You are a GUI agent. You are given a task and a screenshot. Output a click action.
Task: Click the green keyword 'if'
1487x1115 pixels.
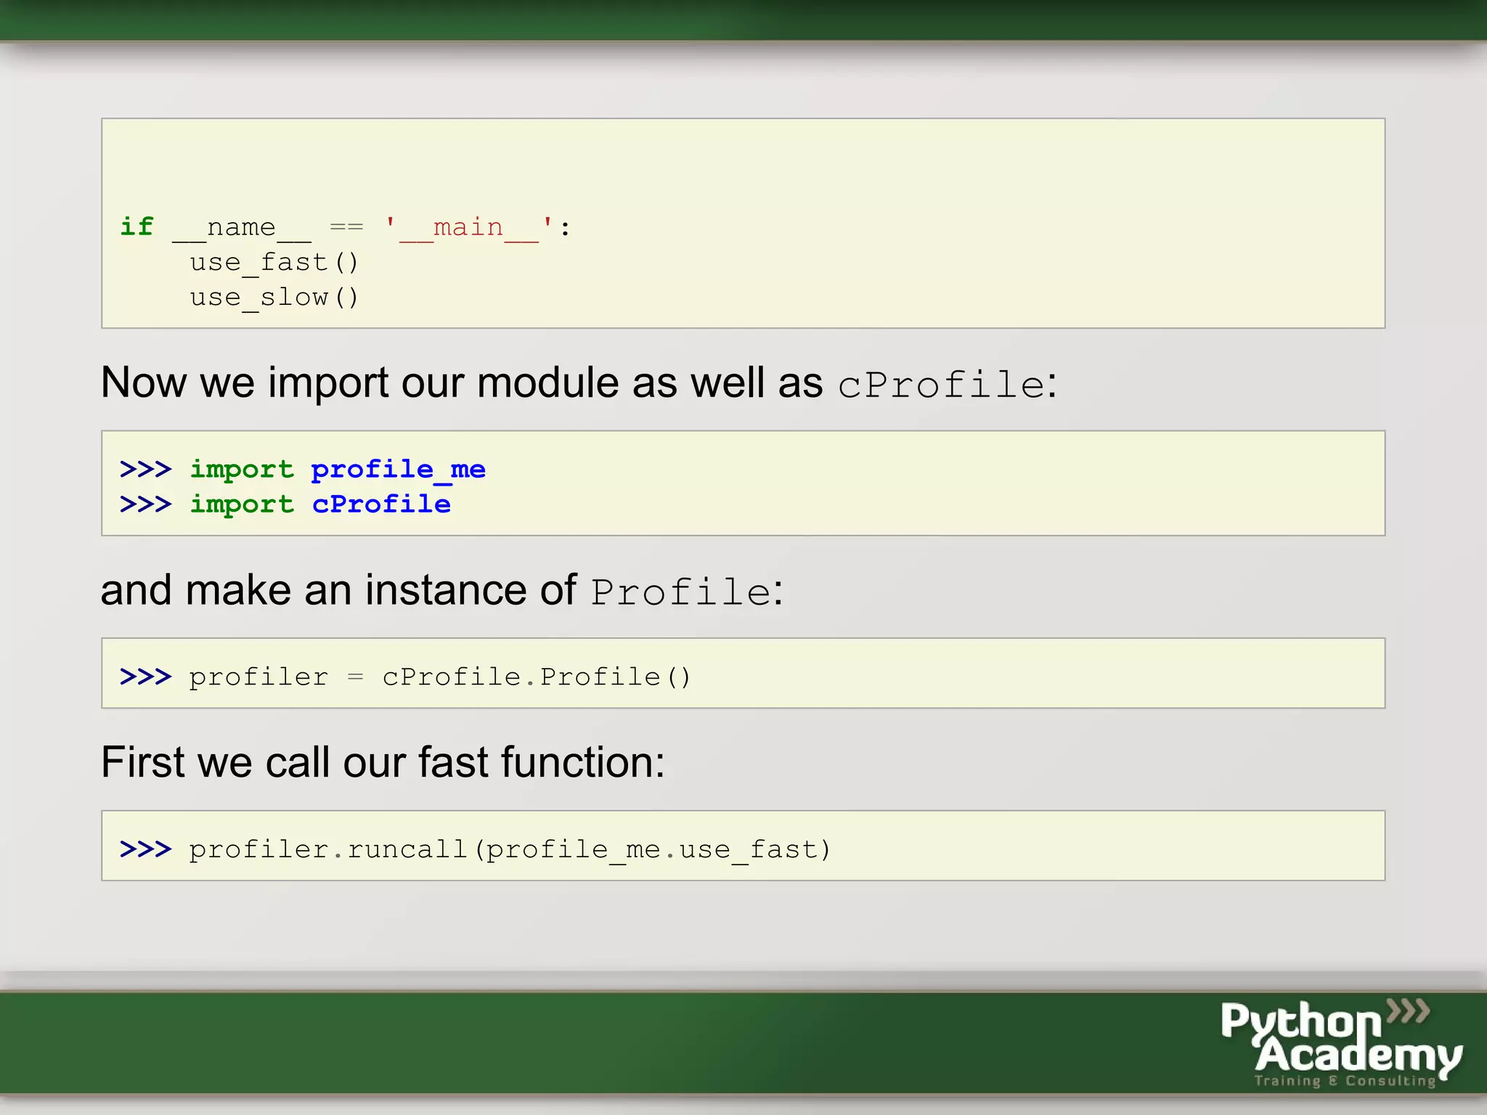point(137,226)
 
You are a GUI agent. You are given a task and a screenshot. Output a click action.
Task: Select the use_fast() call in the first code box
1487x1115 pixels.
point(274,263)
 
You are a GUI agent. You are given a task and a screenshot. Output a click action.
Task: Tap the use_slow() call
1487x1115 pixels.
point(274,298)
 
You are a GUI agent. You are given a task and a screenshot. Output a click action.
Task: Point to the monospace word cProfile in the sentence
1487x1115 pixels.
point(941,384)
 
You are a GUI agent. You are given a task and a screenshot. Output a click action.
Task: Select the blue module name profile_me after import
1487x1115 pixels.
point(398,470)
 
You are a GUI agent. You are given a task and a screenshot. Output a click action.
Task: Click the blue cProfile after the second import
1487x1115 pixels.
point(381,505)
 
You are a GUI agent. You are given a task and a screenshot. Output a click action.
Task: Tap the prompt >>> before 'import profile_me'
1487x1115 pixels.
point(145,470)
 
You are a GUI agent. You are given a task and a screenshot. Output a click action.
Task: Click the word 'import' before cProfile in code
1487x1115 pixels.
point(242,505)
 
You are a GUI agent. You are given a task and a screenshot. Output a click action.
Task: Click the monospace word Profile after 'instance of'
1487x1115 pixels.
point(680,592)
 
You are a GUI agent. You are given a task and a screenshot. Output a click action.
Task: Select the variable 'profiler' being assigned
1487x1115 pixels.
point(258,677)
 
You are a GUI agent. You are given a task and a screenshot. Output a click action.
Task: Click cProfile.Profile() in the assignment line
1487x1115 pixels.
point(536,677)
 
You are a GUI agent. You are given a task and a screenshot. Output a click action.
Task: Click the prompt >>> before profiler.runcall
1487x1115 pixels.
point(145,849)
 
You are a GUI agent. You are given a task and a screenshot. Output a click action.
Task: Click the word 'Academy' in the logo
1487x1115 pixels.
point(1358,1054)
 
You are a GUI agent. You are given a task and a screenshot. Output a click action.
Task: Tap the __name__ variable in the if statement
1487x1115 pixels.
point(241,228)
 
